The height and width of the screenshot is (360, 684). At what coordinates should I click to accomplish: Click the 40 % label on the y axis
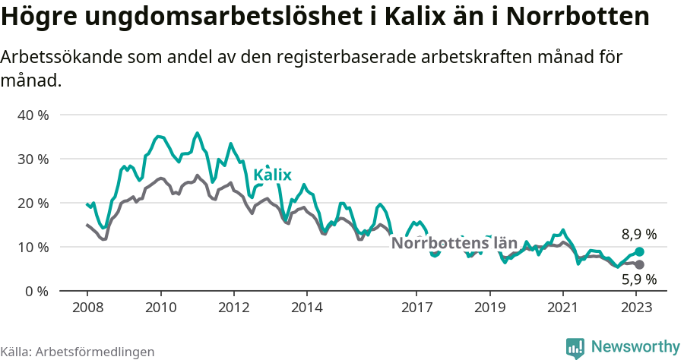[33, 115]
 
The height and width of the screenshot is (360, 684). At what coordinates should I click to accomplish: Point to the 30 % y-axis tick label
[33, 159]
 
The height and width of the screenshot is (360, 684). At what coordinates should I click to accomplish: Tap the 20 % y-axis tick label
[33, 204]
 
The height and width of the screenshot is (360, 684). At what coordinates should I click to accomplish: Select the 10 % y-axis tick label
[33, 248]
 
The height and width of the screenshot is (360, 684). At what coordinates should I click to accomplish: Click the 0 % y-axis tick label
[36, 292]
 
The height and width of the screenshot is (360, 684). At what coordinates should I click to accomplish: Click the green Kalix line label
[272, 175]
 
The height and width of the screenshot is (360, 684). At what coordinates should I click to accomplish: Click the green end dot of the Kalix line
[639, 251]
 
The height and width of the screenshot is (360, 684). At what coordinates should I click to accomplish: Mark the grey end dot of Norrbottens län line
[639, 264]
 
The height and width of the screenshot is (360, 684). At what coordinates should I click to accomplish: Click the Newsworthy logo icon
[575, 348]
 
